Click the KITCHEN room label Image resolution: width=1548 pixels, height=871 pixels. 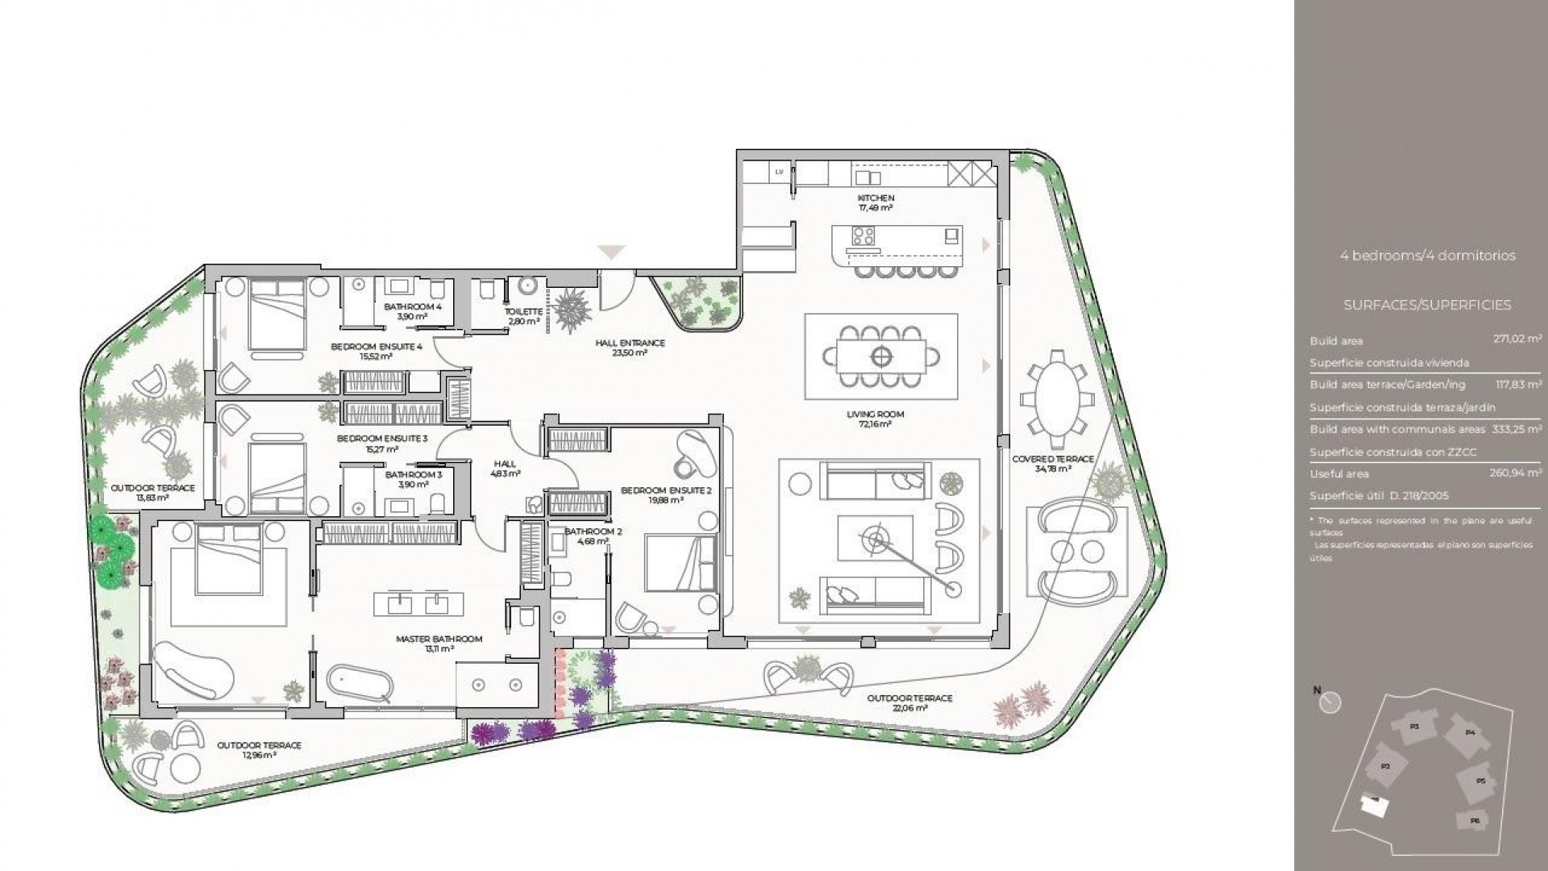pyautogui.click(x=876, y=198)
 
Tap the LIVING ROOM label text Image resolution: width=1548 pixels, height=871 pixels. pyautogui.click(x=875, y=415)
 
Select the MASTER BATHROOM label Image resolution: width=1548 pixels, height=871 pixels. pyautogui.click(x=439, y=639)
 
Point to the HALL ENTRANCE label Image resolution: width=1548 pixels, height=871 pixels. pyautogui.click(x=630, y=343)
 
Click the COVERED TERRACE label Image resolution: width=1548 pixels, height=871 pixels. pyautogui.click(x=1053, y=459)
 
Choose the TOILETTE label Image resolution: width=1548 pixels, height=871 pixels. pyautogui.click(x=522, y=311)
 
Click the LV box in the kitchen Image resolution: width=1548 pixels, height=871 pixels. pyautogui.click(x=779, y=172)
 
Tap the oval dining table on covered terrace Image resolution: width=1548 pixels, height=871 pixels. pyautogui.click(x=1057, y=398)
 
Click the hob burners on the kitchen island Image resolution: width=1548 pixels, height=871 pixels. pyautogui.click(x=863, y=235)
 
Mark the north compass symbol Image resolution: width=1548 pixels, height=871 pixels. pyautogui.click(x=1330, y=703)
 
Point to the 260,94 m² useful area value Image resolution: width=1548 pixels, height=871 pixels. pyautogui.click(x=1516, y=473)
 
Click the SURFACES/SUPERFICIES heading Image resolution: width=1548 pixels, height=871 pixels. pyautogui.click(x=1427, y=305)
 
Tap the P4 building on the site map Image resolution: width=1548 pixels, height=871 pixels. pyautogui.click(x=1469, y=733)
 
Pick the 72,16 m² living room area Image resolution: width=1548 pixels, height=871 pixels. pyautogui.click(x=875, y=424)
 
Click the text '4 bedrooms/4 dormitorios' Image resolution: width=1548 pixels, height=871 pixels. pyautogui.click(x=1427, y=256)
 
